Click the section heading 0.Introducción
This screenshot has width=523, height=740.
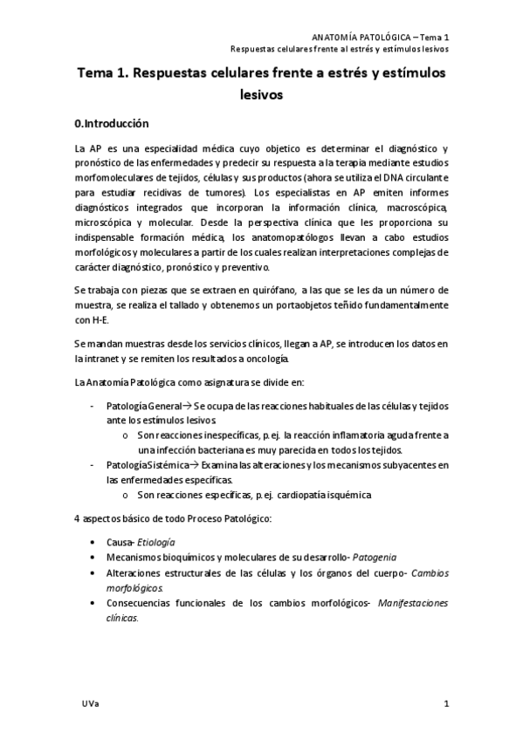point(113,124)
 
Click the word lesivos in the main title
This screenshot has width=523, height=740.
point(261,96)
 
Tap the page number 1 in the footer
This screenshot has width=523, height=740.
point(446,703)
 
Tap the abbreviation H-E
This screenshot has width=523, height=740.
point(86,319)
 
